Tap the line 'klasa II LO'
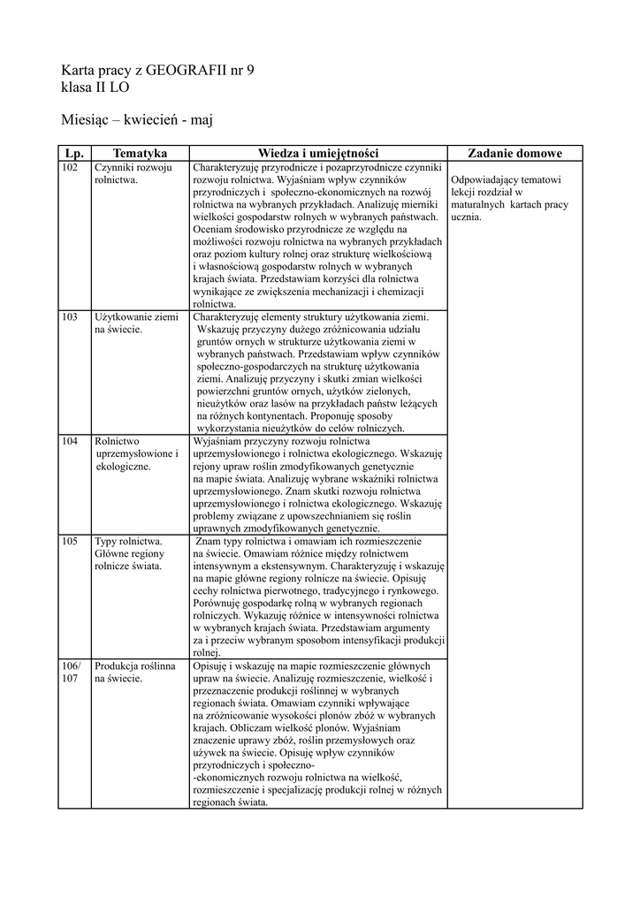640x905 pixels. [95, 89]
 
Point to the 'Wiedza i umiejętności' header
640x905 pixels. [317, 154]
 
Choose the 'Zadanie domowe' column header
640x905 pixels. [514, 154]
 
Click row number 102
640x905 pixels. [71, 167]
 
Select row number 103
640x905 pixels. [71, 316]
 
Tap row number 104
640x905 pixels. [71, 440]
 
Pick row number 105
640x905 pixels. [71, 540]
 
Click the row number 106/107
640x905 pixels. [71, 672]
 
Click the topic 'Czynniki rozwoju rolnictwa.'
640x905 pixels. [133, 173]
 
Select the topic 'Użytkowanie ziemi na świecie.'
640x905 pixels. [136, 323]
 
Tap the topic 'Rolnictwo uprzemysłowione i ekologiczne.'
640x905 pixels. [136, 453]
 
